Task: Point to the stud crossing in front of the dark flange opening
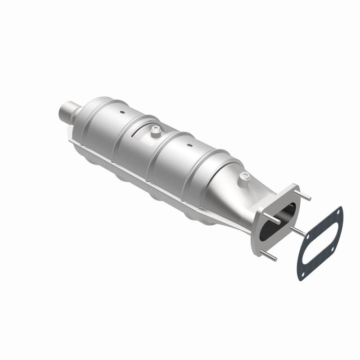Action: point(277,220)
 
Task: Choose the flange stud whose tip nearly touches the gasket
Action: point(299,230)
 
